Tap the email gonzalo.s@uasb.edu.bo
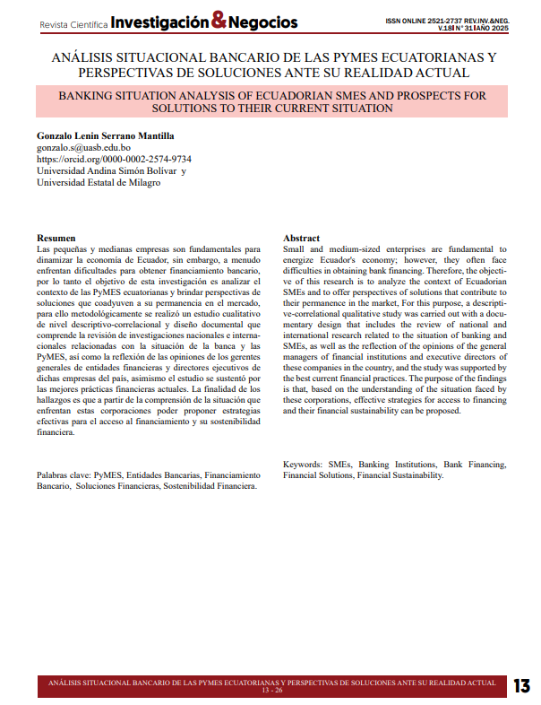tap(83, 147)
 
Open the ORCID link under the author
tap(113, 159)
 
